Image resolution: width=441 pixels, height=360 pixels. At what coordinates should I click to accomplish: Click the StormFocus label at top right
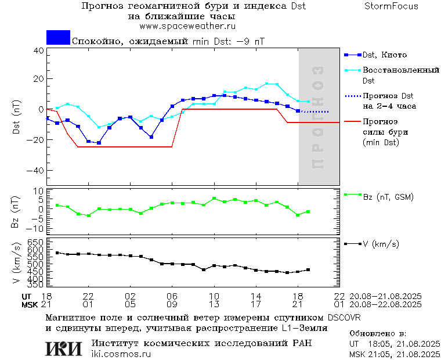391,6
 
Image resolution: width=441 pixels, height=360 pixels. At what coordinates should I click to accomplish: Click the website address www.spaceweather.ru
187,26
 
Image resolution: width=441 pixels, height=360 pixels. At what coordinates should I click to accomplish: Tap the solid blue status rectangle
58,37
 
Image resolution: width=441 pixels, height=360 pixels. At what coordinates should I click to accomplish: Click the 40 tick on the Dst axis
38,51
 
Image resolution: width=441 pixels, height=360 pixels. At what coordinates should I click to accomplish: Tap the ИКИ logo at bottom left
63,348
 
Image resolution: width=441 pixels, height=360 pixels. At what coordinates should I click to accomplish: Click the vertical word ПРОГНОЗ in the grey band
318,117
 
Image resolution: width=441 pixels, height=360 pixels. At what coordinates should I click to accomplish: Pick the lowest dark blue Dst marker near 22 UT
99,143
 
